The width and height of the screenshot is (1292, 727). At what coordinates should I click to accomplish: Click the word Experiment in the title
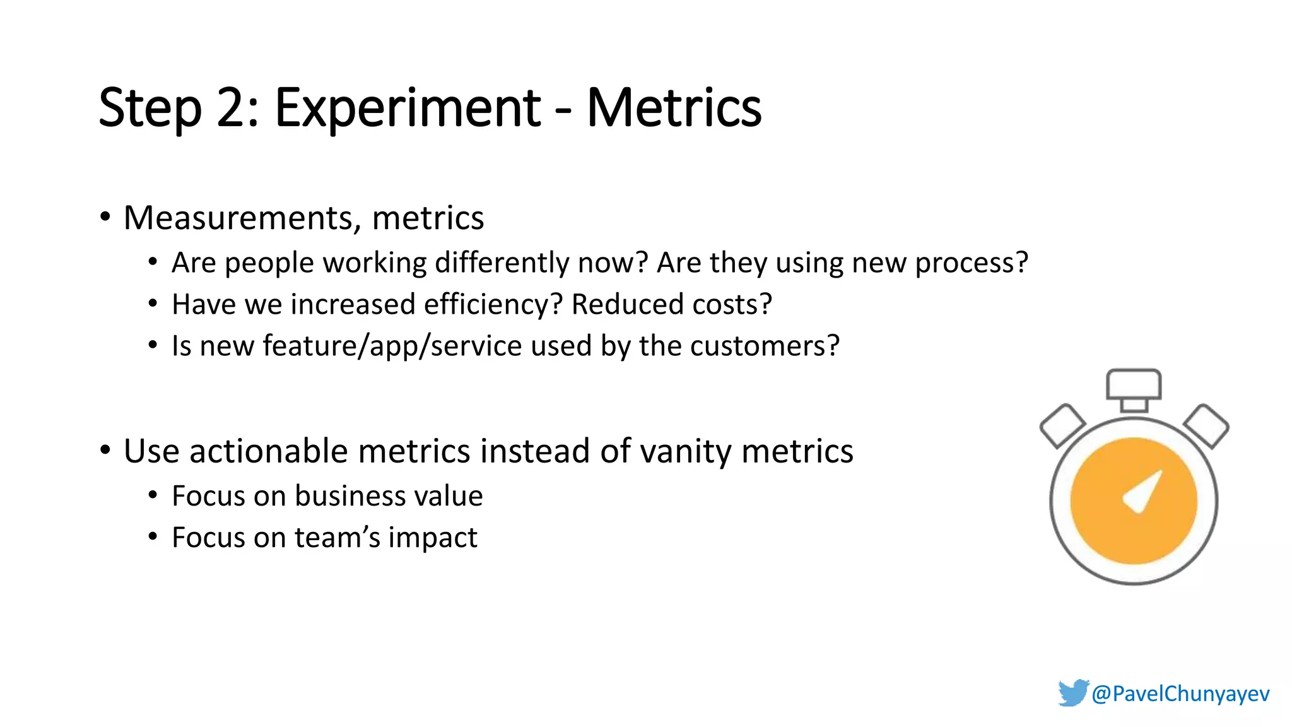[408, 109]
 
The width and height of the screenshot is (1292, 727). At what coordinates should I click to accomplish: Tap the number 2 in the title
[231, 109]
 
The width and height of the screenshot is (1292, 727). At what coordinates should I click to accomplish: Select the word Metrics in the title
[674, 109]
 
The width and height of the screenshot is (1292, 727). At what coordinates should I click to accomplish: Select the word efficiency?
[493, 304]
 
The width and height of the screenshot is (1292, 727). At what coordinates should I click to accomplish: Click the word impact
[433, 538]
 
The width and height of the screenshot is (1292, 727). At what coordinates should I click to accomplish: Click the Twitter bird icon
[1072, 692]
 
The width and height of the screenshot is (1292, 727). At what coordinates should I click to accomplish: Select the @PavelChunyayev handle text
[1180, 694]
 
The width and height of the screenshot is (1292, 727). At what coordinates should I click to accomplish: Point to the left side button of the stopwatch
[1062, 425]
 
